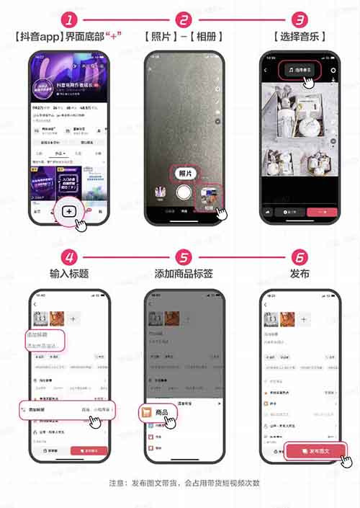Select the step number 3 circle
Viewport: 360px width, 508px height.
[297, 20]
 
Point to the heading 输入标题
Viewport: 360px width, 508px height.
[69, 274]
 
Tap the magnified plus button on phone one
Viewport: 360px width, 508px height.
[69, 212]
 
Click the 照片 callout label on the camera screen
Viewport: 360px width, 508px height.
[185, 174]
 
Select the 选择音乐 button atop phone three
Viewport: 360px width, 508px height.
[297, 70]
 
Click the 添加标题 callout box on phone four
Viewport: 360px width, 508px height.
[45, 341]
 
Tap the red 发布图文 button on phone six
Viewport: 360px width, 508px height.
[318, 452]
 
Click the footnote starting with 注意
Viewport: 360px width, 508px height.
[184, 483]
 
